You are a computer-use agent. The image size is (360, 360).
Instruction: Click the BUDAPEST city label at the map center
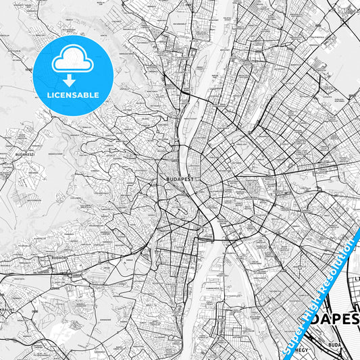pos(178,180)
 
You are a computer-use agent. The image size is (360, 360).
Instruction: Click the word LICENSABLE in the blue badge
pos(72,95)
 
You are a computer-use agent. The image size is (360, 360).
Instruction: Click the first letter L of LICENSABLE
pos(49,95)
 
